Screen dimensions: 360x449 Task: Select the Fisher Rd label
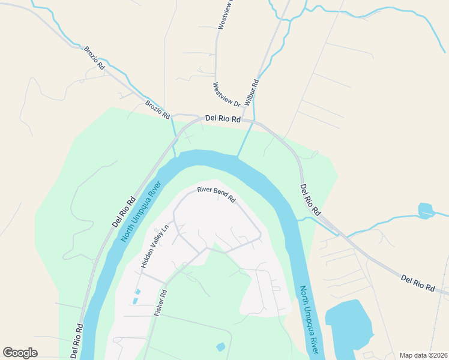[160, 303]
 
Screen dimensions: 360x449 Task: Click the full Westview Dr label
[226, 95]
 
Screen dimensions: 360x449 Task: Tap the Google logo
[20, 352]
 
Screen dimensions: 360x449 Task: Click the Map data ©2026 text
[423, 355]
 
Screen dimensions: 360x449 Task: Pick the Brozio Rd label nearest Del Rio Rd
[158, 109]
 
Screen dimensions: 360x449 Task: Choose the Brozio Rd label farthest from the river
[95, 58]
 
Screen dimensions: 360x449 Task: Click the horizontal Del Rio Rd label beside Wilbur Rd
[223, 119]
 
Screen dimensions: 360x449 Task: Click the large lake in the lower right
[349, 327]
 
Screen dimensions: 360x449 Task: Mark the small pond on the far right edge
[426, 211]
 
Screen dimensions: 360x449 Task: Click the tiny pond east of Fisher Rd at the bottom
[221, 347]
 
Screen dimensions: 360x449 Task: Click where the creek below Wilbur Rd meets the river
[238, 157]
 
